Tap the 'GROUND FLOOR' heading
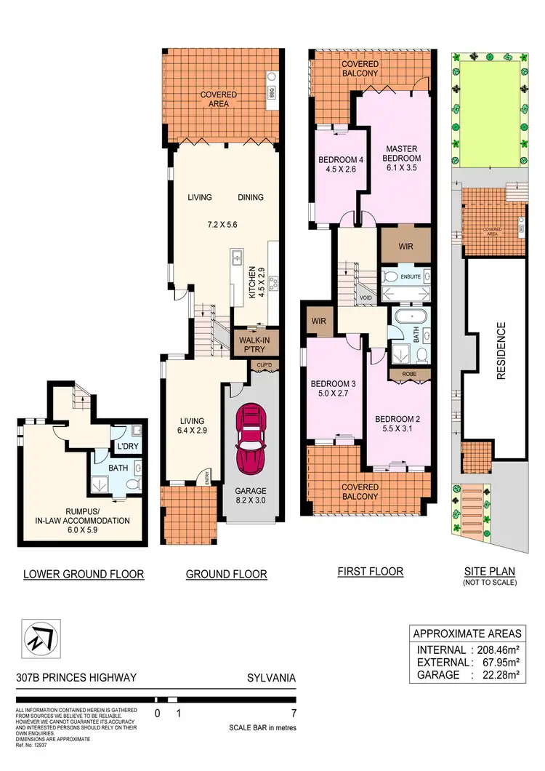[226, 574]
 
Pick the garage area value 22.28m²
[501, 674]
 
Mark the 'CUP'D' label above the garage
[262, 366]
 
